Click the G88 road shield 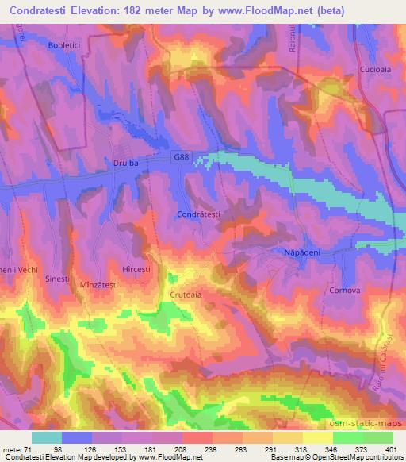click(x=182, y=159)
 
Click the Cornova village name click(x=345, y=291)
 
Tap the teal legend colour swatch click(x=47, y=437)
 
